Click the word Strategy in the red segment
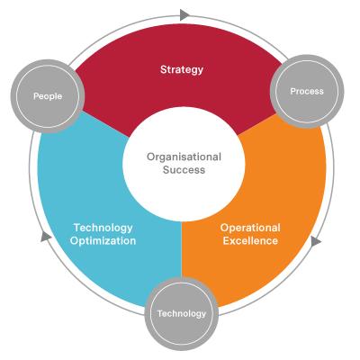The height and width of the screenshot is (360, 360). click(x=182, y=70)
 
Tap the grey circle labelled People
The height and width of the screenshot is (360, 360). click(x=48, y=96)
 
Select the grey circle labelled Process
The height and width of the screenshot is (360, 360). click(x=307, y=92)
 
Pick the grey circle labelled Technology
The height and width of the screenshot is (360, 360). click(x=182, y=314)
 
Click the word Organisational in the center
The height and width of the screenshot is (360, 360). click(x=184, y=157)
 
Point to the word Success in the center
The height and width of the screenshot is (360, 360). click(x=184, y=170)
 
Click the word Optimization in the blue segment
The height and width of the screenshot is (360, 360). click(x=103, y=241)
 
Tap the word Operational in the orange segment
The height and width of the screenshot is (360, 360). click(x=250, y=228)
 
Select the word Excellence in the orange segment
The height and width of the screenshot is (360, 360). click(x=250, y=241)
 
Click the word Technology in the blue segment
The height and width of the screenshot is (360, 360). click(x=103, y=228)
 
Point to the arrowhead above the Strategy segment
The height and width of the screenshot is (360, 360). click(x=184, y=14)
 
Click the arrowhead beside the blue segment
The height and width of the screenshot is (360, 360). click(x=46, y=237)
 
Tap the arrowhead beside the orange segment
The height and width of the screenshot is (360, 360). click(x=315, y=241)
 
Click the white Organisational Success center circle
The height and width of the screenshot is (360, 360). click(x=184, y=164)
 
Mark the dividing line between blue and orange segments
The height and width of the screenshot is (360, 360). click(x=182, y=249)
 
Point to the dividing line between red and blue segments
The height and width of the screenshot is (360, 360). click(x=105, y=124)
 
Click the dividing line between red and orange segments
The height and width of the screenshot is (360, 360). click(x=257, y=124)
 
